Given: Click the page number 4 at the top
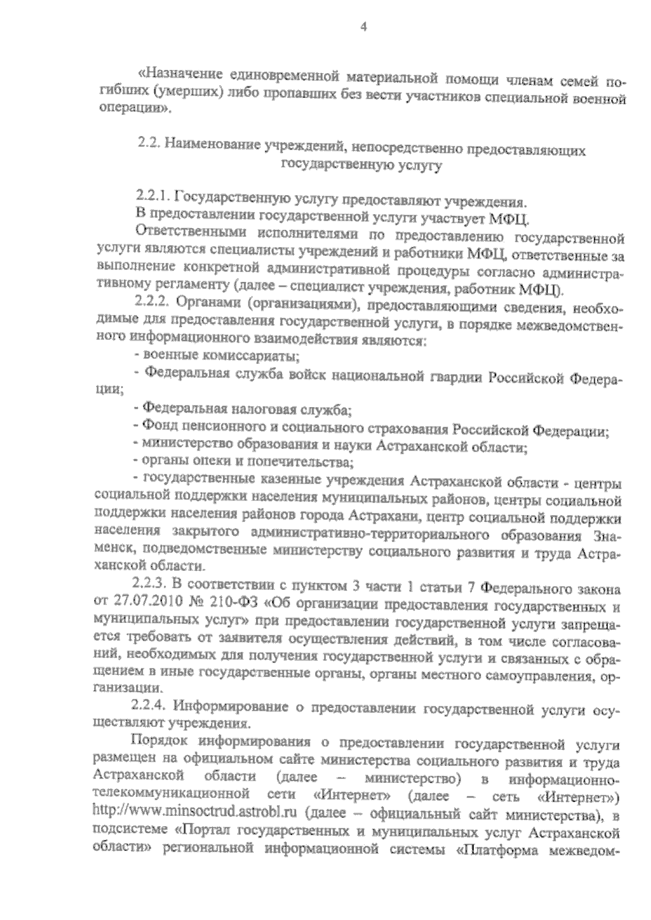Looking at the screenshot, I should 363,26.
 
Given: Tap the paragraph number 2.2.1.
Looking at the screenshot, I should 154,198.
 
